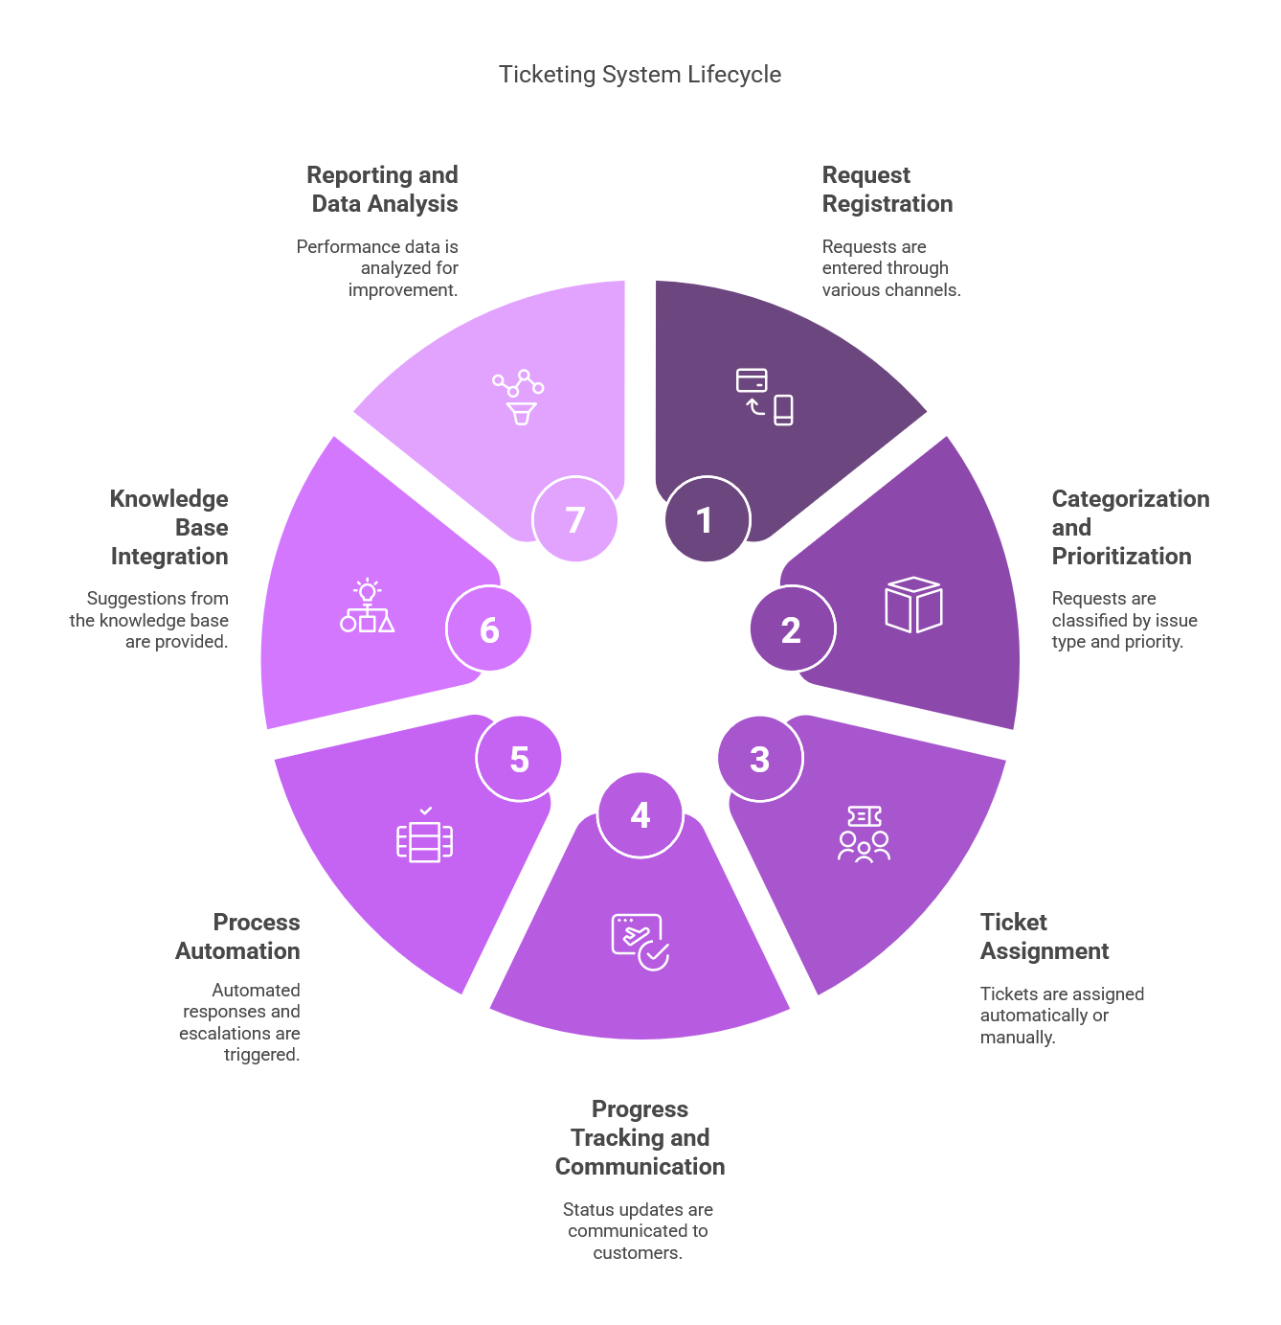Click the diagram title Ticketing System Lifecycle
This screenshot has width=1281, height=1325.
click(x=640, y=74)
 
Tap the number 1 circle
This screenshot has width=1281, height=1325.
click(x=707, y=519)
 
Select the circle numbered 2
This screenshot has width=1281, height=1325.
click(x=792, y=628)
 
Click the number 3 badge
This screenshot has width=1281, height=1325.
click(x=760, y=759)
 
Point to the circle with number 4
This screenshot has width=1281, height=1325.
click(x=640, y=814)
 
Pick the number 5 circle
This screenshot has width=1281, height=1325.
click(x=518, y=759)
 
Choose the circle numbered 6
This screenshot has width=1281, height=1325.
click(x=488, y=628)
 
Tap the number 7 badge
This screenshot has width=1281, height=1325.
click(x=574, y=519)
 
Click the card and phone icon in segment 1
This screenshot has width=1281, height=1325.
click(x=764, y=397)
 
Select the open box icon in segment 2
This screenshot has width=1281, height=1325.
click(x=913, y=604)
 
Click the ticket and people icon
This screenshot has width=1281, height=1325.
click(x=864, y=834)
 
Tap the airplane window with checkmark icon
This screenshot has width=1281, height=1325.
click(x=640, y=942)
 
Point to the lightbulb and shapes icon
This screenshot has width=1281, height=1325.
click(x=367, y=605)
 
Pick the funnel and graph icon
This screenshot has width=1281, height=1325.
click(x=518, y=397)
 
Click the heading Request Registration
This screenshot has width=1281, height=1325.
click(x=887, y=190)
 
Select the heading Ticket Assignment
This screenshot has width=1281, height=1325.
click(x=1044, y=935)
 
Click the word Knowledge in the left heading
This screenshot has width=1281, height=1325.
click(x=169, y=499)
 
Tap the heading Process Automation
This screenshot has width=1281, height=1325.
click(x=237, y=935)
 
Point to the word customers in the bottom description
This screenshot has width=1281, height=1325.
click(x=638, y=1252)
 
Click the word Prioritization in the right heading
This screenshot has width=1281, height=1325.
click(x=1121, y=557)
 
